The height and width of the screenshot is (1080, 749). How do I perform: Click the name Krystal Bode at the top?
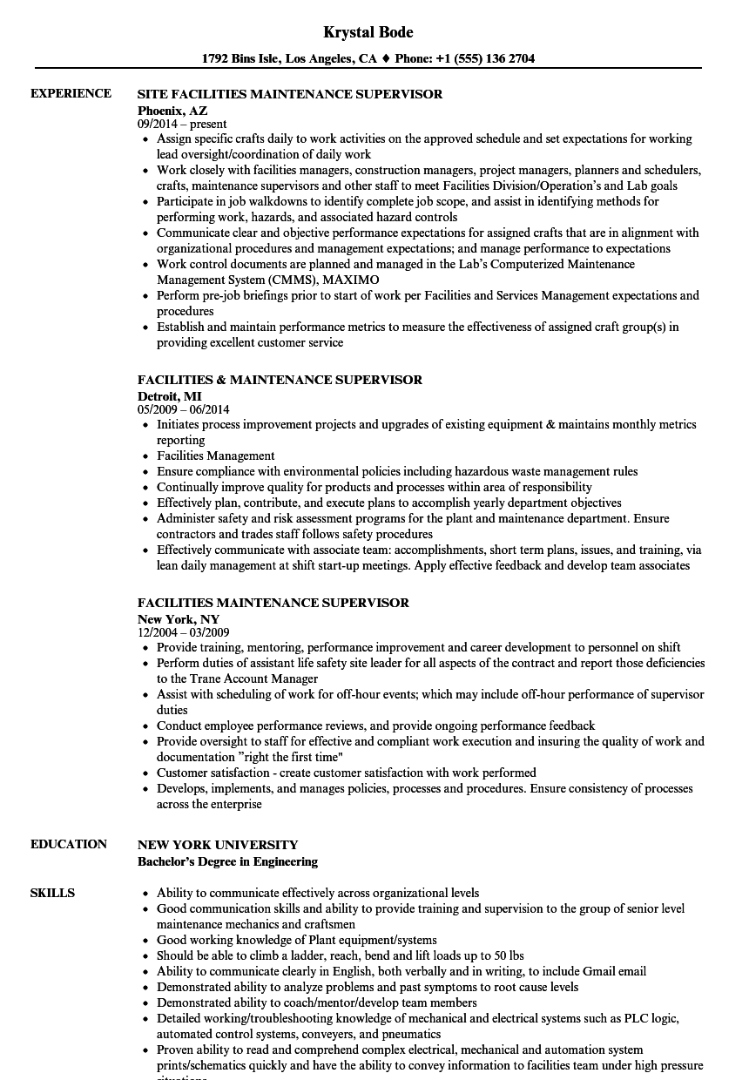point(368,32)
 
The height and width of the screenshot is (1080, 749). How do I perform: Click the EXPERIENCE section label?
point(71,93)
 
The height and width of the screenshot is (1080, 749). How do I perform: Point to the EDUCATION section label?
point(69,844)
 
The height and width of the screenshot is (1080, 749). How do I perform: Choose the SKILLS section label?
point(52,893)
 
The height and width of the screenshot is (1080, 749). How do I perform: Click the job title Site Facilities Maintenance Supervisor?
point(290,93)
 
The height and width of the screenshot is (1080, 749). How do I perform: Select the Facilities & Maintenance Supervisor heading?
point(280,380)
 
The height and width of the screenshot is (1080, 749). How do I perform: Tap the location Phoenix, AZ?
point(171,111)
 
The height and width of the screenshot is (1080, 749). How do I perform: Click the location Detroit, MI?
point(169,396)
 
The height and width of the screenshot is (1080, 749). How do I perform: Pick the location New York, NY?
point(179,619)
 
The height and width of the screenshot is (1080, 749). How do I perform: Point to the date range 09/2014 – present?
point(182,124)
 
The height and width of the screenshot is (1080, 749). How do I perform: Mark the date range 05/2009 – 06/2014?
point(184,409)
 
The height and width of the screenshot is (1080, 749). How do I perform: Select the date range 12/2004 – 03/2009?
point(184,632)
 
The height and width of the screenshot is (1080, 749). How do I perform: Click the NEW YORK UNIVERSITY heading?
point(218,845)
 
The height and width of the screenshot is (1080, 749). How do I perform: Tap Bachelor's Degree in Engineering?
point(227,861)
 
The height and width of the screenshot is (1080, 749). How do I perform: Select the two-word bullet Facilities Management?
point(215,456)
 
